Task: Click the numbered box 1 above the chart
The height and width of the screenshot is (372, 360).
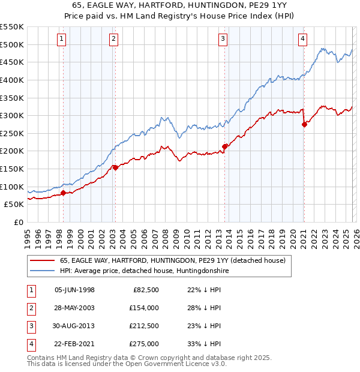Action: pos(62,39)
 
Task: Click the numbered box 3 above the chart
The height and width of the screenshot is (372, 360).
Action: pos(223,39)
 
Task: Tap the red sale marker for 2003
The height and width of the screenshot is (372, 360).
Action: pos(115,167)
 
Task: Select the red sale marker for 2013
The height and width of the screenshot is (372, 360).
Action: pos(224,146)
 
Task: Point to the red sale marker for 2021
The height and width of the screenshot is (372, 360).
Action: pos(304,124)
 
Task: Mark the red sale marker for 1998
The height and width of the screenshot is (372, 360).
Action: pos(63,193)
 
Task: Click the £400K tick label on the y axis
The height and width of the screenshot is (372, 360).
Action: pos(11,80)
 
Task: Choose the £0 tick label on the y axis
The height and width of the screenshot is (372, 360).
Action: pos(18,222)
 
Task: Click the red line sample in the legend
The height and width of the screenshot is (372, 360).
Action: pos(42,260)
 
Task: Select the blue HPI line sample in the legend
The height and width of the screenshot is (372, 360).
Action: pos(42,271)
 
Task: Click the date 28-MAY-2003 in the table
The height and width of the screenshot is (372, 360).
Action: pos(74,308)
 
